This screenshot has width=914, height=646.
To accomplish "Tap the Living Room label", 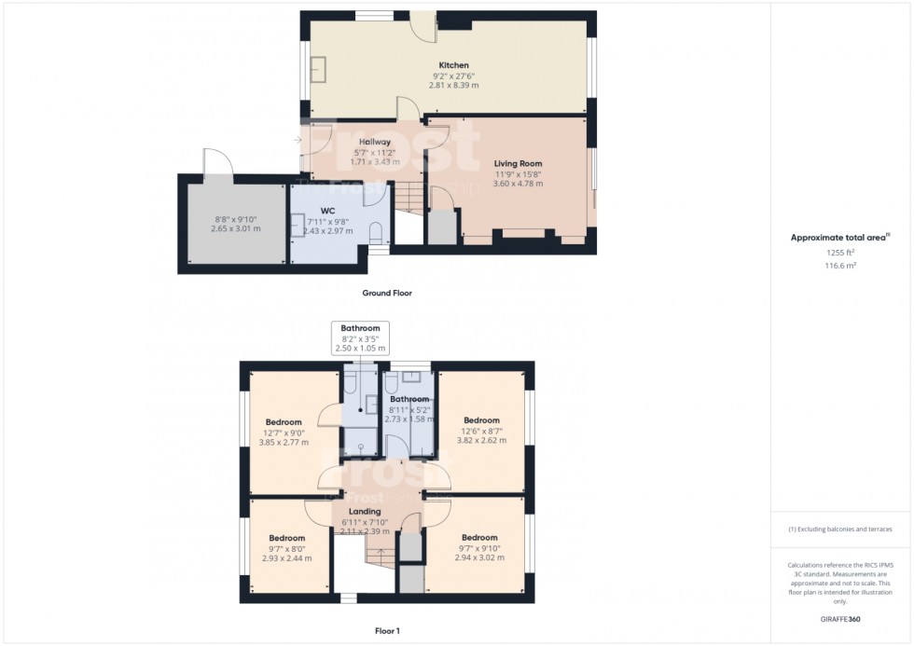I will tap(518, 163).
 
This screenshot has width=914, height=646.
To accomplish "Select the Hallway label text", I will tap(374, 142).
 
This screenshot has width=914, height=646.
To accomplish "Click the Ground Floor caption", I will tap(387, 293).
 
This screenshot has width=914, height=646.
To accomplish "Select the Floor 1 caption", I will tap(387, 631).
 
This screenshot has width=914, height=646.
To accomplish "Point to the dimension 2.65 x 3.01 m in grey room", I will tap(235, 228).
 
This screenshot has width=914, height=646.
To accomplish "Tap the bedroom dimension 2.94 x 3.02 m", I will tap(479, 558).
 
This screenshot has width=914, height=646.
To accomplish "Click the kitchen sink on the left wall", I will tap(319, 68).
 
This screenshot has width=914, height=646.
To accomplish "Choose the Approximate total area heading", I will tap(840, 238).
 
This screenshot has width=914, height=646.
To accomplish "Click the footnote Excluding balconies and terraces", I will tap(840, 529).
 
